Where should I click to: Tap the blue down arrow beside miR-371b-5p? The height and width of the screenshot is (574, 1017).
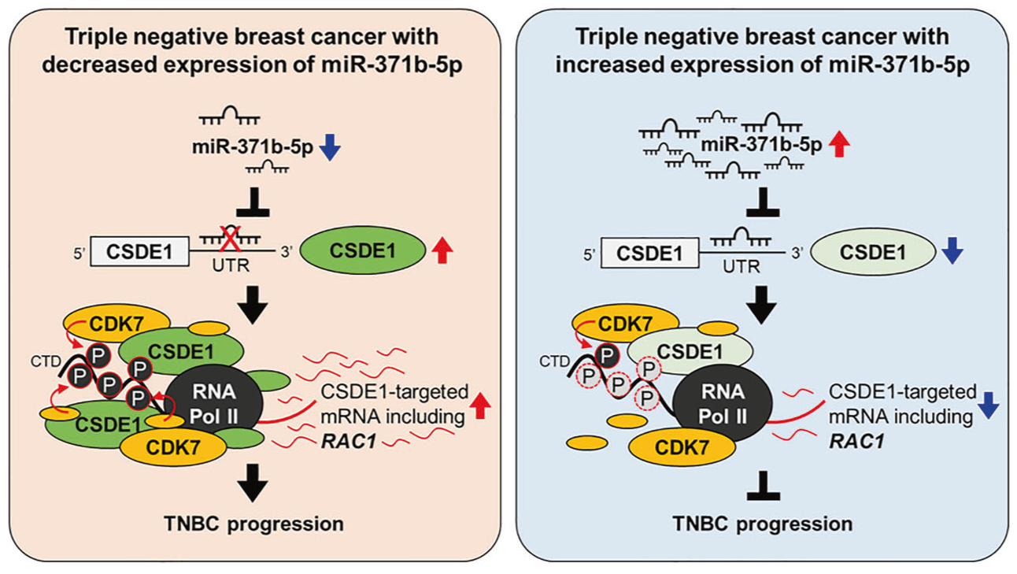[x=331, y=146]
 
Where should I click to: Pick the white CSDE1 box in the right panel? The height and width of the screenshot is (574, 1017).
[x=650, y=253]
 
